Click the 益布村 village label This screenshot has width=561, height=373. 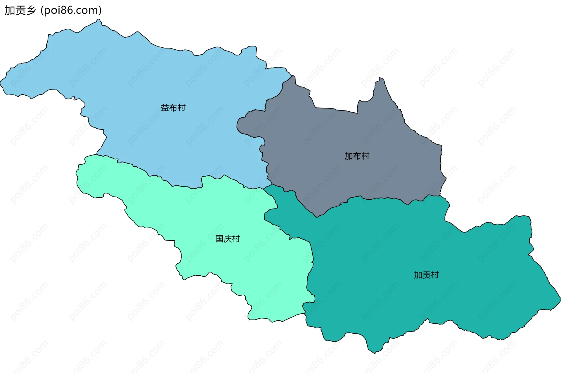(173, 108)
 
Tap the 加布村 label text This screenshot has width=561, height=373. (357, 156)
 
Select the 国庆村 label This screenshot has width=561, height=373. (228, 239)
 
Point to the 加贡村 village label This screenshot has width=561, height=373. (426, 275)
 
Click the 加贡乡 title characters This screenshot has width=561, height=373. (20, 11)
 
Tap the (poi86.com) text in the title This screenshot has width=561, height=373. (71, 11)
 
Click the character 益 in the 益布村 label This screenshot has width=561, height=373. (165, 108)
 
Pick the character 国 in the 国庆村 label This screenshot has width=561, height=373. (219, 239)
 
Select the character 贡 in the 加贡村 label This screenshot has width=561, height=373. (426, 275)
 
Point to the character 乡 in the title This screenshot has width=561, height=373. (31, 11)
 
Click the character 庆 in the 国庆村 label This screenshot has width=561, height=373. (228, 239)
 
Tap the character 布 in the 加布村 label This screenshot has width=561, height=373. (357, 156)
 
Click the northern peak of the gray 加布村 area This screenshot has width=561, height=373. (380, 78)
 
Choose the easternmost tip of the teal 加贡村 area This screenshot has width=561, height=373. (560, 299)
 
